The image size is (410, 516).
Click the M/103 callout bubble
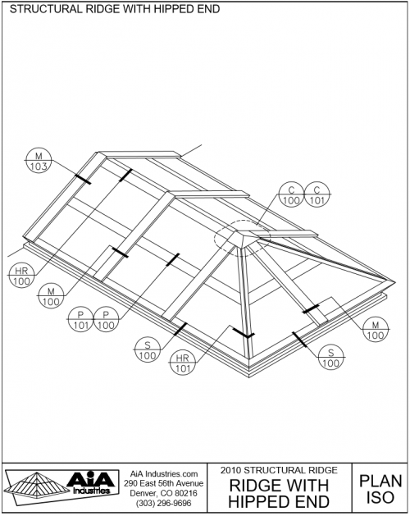point(39,161)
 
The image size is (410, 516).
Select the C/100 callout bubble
point(291,194)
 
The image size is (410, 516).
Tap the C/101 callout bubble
point(317,194)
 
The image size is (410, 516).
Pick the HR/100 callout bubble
point(21,276)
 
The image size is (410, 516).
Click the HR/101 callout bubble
point(182,363)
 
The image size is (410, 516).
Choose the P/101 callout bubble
point(80,319)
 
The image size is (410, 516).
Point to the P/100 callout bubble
point(106,319)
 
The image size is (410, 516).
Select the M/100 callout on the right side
point(376,330)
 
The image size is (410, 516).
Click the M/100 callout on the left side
point(51,296)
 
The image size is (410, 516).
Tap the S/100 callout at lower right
point(331,358)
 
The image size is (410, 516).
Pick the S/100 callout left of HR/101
point(148,349)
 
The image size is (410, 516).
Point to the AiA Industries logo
point(61,487)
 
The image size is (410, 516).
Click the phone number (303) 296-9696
point(163,504)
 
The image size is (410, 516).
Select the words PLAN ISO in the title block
point(380,490)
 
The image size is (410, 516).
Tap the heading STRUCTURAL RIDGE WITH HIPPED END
point(115,9)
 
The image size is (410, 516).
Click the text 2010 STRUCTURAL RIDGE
point(279,470)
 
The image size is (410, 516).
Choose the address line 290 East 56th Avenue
point(163,483)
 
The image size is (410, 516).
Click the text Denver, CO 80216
point(163,493)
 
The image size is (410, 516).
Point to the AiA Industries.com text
point(164,474)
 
